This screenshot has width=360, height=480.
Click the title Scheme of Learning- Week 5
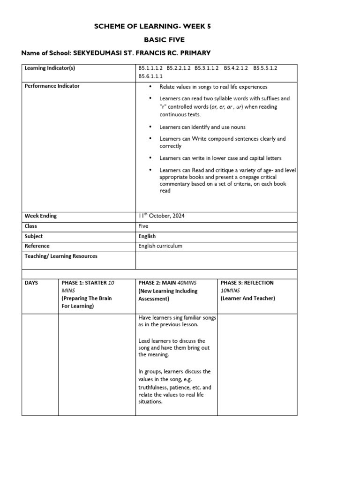[x=152, y=26]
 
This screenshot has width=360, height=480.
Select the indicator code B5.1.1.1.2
[x=150, y=68]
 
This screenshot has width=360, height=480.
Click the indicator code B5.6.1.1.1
[x=150, y=76]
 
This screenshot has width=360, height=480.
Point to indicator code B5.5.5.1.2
[x=265, y=68]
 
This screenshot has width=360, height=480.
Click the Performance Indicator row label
[x=52, y=86]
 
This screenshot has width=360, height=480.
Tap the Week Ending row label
[x=41, y=216]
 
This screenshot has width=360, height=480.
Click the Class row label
[x=31, y=226]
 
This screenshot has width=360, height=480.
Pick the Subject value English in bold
[x=147, y=236]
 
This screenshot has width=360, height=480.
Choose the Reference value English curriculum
[x=160, y=246]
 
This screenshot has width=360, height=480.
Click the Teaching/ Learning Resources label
[x=61, y=256]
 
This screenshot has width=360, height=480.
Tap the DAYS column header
[x=31, y=283]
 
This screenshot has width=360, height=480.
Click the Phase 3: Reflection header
[x=247, y=283]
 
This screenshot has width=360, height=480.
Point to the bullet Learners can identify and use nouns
[x=202, y=127]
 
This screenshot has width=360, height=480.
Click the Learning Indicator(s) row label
[x=50, y=68]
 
